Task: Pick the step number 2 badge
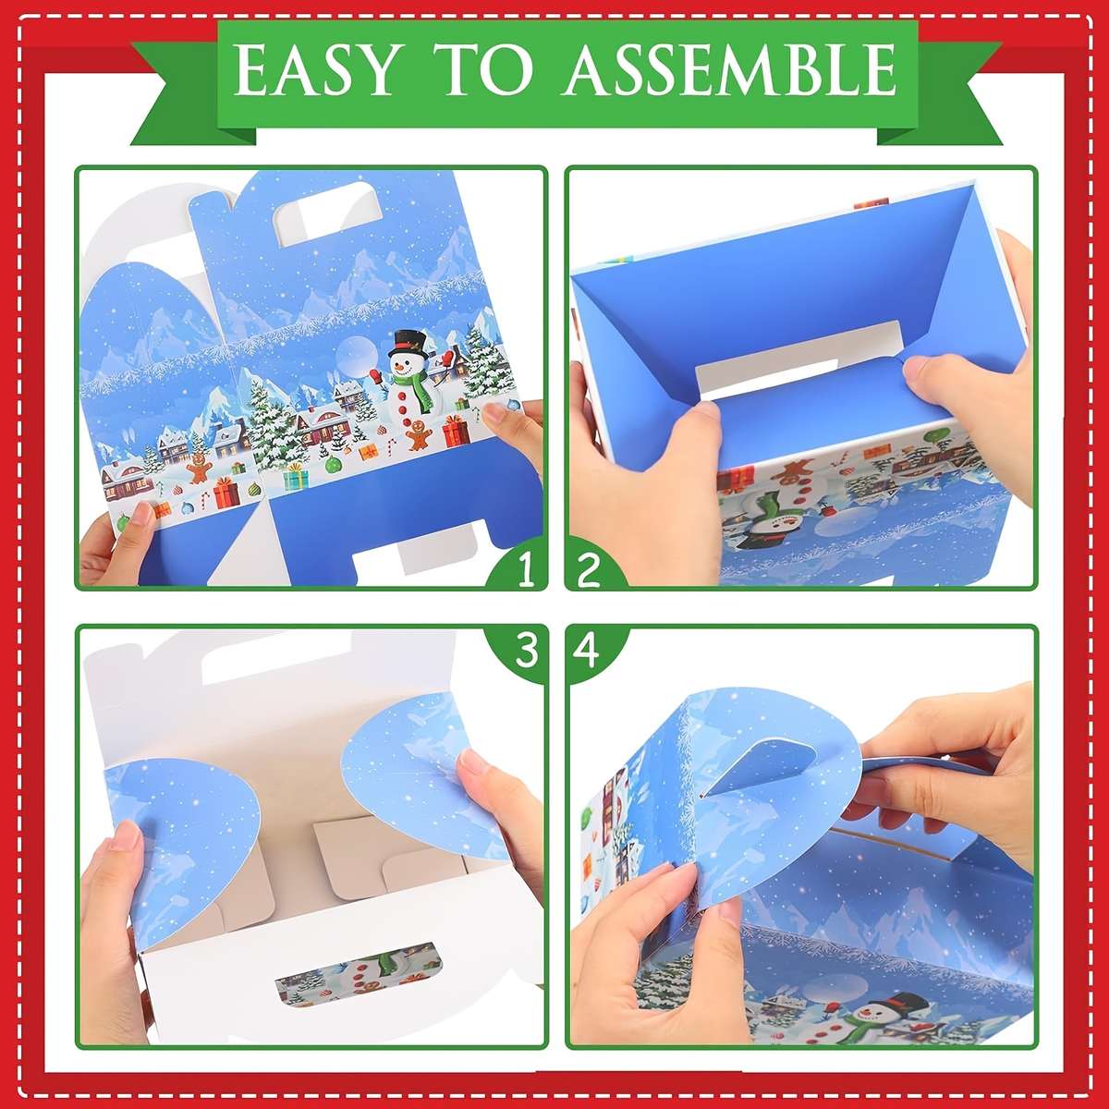click(x=589, y=570)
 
